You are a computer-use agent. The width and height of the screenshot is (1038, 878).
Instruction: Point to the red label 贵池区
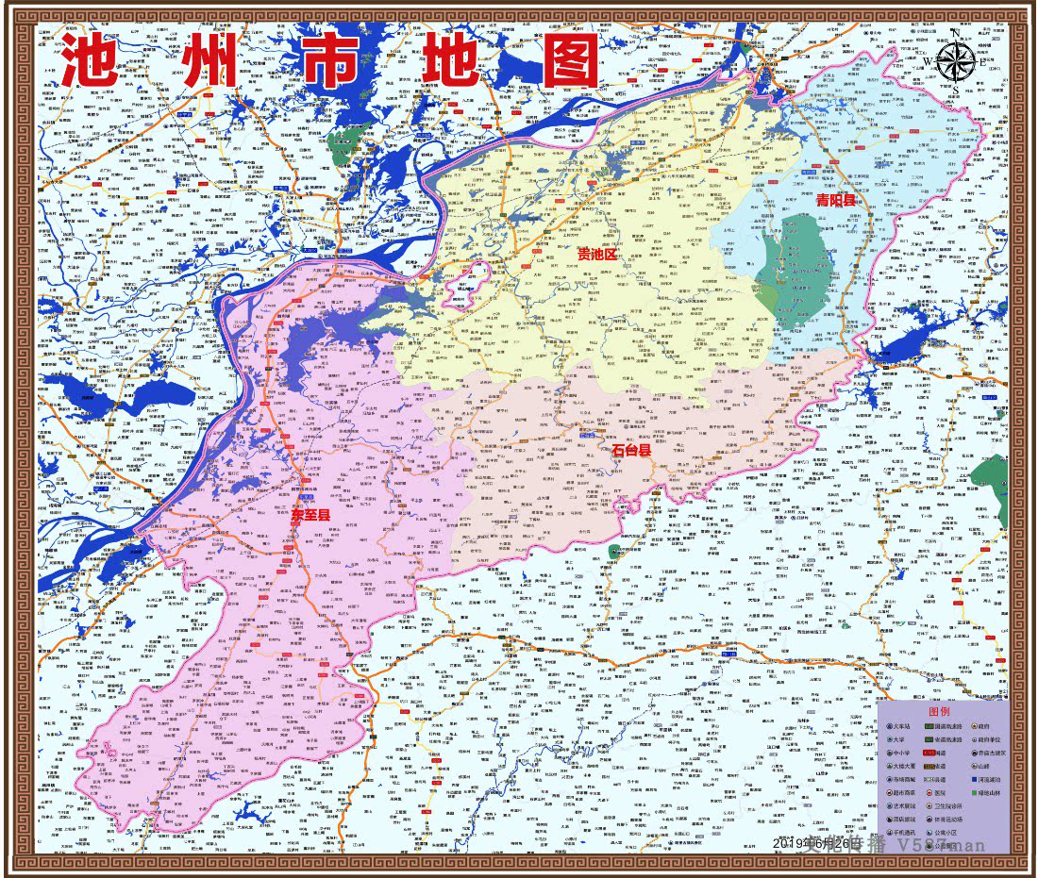[596, 255]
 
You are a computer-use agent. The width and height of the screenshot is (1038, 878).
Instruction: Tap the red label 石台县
[631, 451]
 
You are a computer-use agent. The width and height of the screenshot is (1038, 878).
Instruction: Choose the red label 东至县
[310, 515]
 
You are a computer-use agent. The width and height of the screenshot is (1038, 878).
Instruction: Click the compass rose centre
[956, 63]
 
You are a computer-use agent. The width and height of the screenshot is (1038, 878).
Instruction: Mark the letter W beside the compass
[929, 63]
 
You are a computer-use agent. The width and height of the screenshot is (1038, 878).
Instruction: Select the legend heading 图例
[939, 712]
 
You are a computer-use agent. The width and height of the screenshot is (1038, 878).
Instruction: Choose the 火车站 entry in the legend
[900, 727]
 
